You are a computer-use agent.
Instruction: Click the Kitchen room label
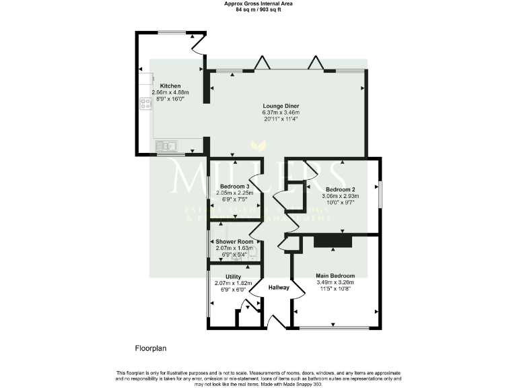tap(170, 86)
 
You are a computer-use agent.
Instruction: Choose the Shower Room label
tap(234, 241)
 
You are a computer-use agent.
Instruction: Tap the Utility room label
tap(233, 276)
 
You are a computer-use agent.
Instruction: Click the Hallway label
tap(279, 288)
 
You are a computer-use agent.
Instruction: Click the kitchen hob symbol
tap(146, 104)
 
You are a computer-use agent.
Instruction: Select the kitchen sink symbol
tap(166, 145)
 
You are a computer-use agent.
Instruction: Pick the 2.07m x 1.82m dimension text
tap(233, 283)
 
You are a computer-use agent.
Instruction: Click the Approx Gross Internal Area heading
tap(258, 4)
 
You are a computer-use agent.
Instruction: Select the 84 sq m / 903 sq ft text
tap(258, 10)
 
